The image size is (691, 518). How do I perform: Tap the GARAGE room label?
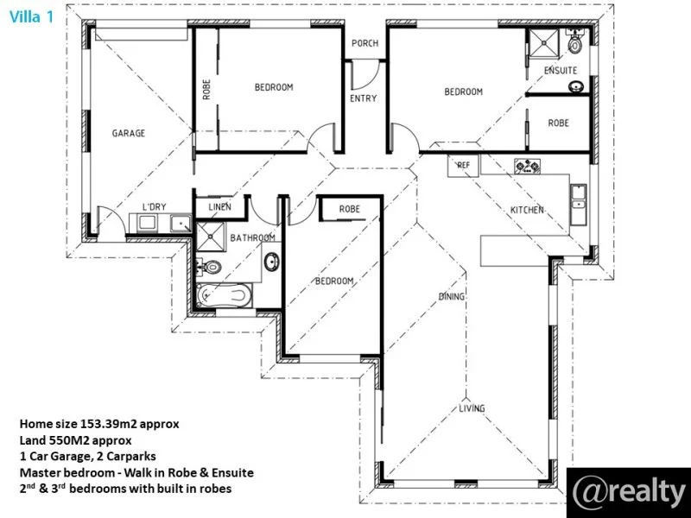pyautogui.click(x=128, y=133)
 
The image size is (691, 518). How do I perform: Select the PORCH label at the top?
pyautogui.click(x=364, y=43)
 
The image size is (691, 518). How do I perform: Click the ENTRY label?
pyautogui.click(x=363, y=98)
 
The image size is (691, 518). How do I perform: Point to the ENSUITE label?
pyautogui.click(x=561, y=70)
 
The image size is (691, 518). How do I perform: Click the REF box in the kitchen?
pyautogui.click(x=463, y=164)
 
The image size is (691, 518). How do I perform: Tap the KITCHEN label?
pyautogui.click(x=527, y=210)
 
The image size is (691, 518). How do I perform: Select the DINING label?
pyautogui.click(x=451, y=297)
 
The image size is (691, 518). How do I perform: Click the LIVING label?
pyautogui.click(x=472, y=408)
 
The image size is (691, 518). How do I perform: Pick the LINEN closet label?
pyautogui.click(x=219, y=207)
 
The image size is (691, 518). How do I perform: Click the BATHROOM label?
pyautogui.click(x=252, y=237)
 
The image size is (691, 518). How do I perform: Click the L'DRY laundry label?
pyautogui.click(x=154, y=206)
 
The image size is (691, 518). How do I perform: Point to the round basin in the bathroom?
pyautogui.click(x=270, y=261)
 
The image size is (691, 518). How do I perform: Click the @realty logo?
pyautogui.click(x=628, y=491)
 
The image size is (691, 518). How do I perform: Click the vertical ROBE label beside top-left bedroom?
pyautogui.click(x=206, y=90)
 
